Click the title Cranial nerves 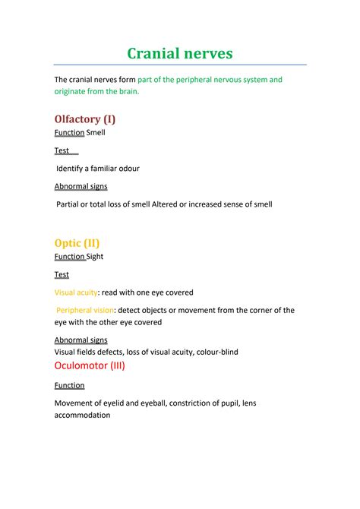click(x=179, y=52)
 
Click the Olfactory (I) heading click(x=85, y=119)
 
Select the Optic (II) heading click(x=77, y=242)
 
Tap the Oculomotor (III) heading click(x=90, y=365)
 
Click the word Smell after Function click(x=96, y=132)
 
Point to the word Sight click(x=95, y=256)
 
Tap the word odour click(x=127, y=168)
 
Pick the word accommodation click(x=82, y=415)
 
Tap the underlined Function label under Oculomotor click(x=69, y=385)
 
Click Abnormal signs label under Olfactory click(x=81, y=186)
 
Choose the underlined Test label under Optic click(x=62, y=274)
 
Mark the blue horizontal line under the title click(x=180, y=65)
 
